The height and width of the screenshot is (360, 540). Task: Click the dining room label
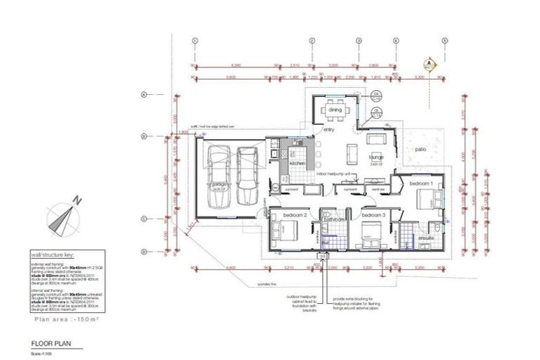(335, 110)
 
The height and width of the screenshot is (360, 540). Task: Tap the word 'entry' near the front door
(328, 129)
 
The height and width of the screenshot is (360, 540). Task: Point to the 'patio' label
(420, 149)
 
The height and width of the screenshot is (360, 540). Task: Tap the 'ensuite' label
(425, 237)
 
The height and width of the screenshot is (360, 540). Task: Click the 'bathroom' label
(334, 219)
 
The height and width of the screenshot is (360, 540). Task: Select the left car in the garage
(219, 176)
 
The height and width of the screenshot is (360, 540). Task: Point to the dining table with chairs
(335, 110)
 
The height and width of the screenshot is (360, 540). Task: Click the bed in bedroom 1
(429, 200)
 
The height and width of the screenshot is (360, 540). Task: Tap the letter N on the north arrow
(80, 200)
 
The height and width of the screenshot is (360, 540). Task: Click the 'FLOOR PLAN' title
(51, 344)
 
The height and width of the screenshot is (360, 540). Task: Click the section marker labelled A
(428, 63)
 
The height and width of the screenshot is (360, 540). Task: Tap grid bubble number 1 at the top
(193, 41)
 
